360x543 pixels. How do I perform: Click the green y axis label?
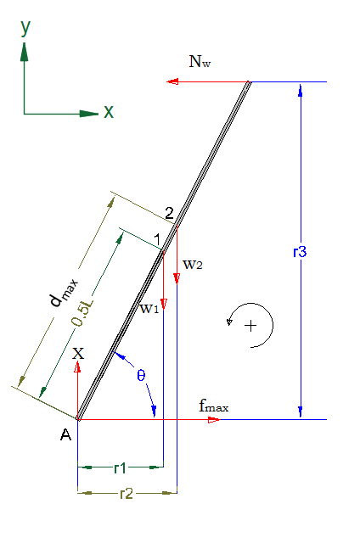tap(25, 28)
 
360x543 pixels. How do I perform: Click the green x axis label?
tap(109, 112)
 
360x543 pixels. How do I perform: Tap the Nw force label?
tap(200, 62)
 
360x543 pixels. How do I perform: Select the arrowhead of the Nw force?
tap(172, 81)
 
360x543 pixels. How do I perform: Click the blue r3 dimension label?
tap(300, 252)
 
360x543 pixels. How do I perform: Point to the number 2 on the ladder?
tap(169, 213)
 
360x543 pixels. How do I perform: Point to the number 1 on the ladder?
tap(157, 239)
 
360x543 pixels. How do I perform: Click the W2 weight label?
tap(193, 265)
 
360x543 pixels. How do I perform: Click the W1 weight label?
tap(149, 308)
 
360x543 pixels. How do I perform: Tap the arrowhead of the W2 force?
tap(177, 279)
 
